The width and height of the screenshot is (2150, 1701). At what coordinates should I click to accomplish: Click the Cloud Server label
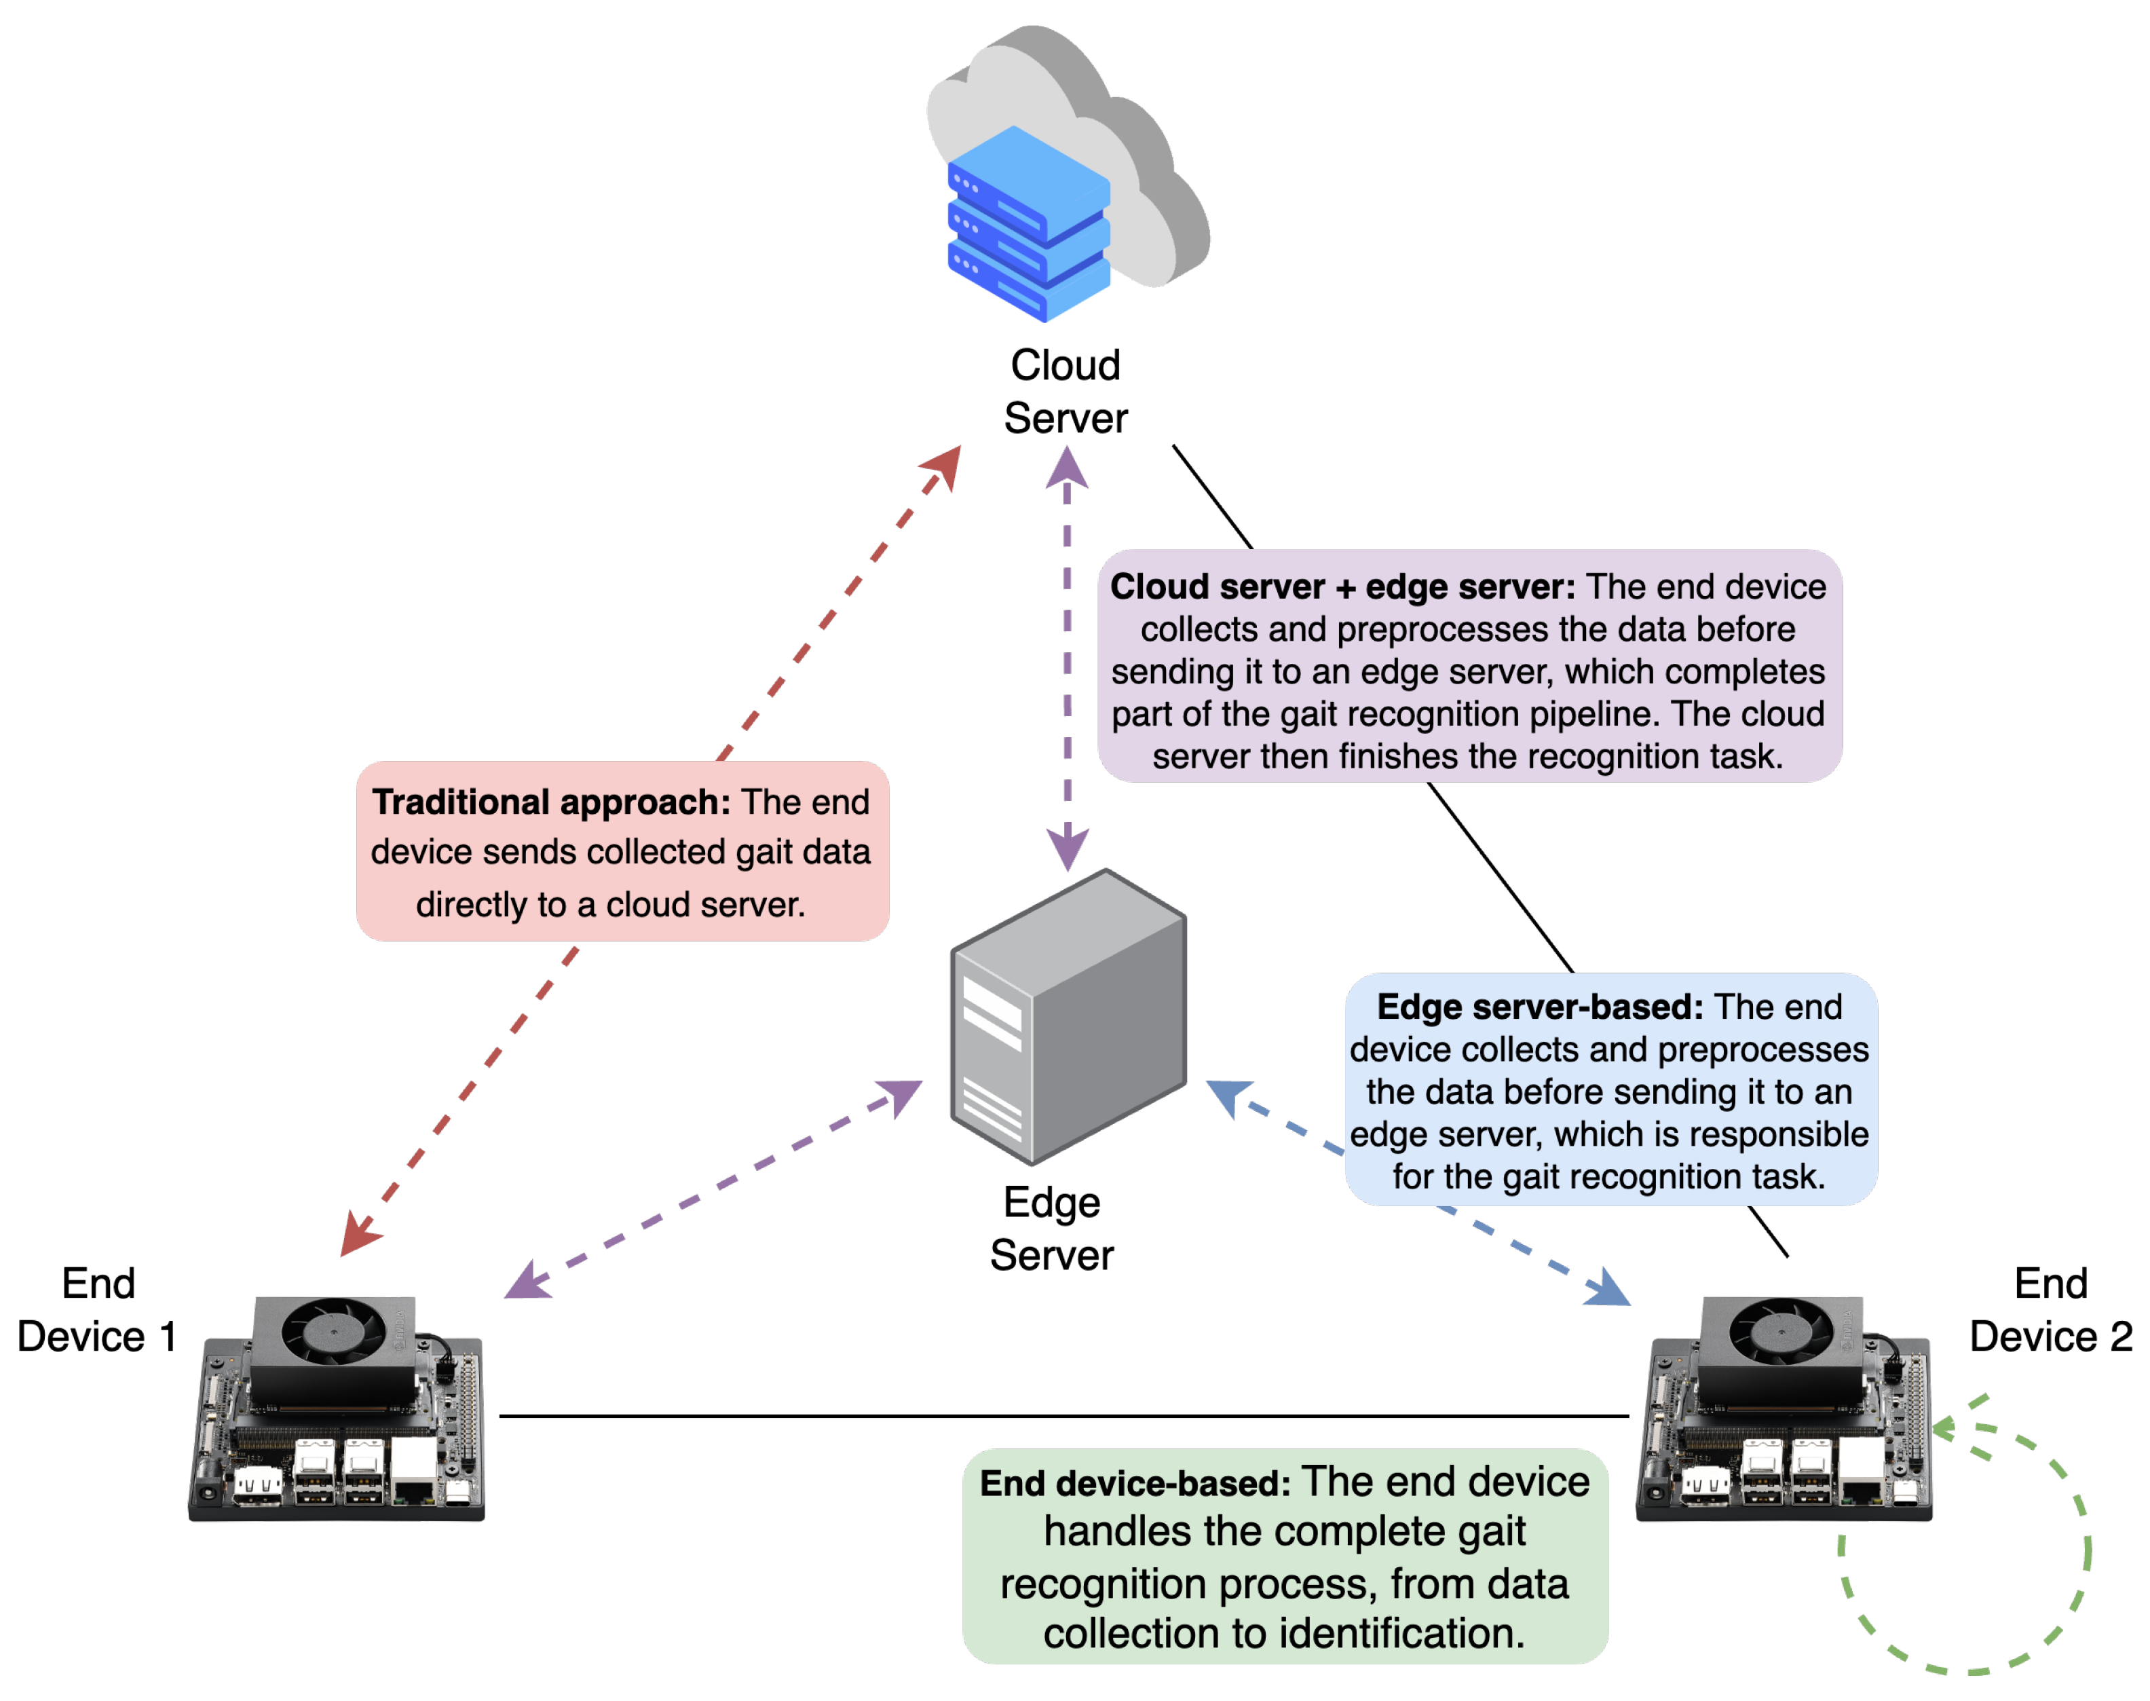(x=1065, y=392)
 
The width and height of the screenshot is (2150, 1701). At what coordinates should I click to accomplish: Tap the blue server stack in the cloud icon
(x=1027, y=224)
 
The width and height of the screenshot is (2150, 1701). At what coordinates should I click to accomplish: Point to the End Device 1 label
(x=98, y=1309)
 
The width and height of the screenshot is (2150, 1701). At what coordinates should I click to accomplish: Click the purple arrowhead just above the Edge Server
(x=1067, y=848)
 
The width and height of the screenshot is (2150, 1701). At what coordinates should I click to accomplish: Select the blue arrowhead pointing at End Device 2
(x=1607, y=1289)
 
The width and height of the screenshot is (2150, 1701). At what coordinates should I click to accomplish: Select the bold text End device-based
(x=1134, y=1483)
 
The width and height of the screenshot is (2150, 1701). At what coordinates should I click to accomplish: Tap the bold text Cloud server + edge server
(x=1342, y=586)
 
